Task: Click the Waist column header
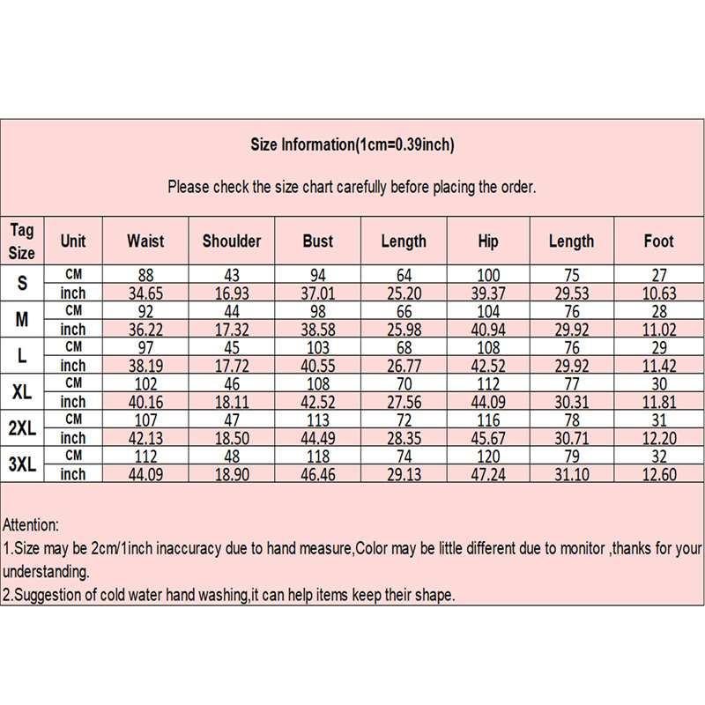tap(145, 241)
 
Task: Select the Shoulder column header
tap(232, 241)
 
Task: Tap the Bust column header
tap(318, 241)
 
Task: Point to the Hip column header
tap(488, 241)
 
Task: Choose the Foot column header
tap(658, 241)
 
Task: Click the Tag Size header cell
tap(22, 241)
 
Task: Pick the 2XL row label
tap(22, 428)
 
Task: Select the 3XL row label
tap(22, 464)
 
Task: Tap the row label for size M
tap(22, 320)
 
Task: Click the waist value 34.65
tap(145, 293)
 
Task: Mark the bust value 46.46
tap(318, 474)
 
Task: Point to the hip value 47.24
tap(488, 474)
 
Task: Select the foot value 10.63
tap(658, 293)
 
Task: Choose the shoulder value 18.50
tap(232, 438)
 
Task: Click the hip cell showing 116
tap(488, 419)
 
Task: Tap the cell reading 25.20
tap(404, 293)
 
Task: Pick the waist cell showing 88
tap(145, 274)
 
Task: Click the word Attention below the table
tap(31, 524)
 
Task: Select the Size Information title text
tap(352, 145)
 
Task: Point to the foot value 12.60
tap(658, 474)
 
